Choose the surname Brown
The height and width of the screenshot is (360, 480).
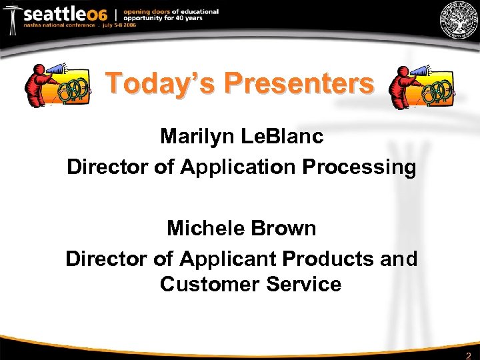[x=285, y=228]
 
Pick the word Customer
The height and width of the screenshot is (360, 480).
[x=209, y=285]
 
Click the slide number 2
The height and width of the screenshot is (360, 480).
[x=468, y=355]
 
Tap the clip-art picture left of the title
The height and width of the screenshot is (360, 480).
[x=57, y=85]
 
